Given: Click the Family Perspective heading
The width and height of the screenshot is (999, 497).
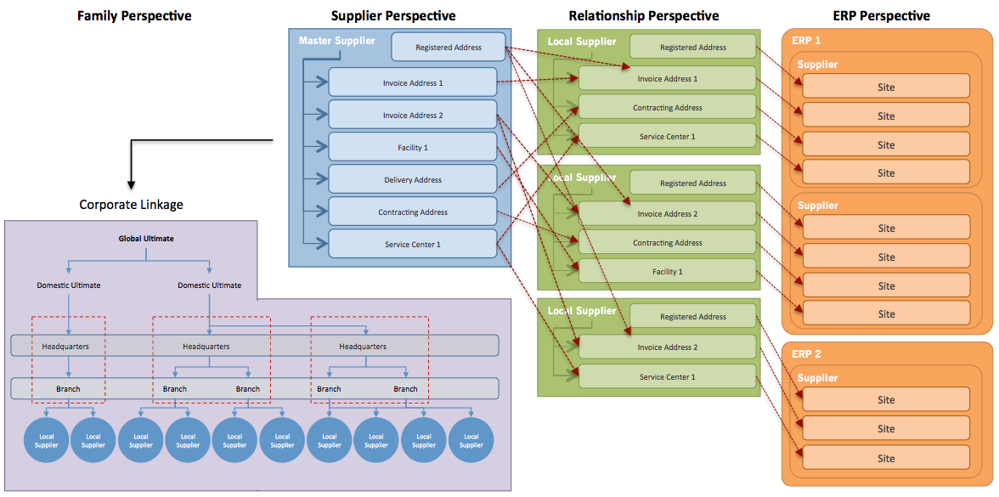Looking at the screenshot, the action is pyautogui.click(x=134, y=16).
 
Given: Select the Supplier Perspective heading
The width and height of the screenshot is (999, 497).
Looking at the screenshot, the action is pyautogui.click(x=393, y=16).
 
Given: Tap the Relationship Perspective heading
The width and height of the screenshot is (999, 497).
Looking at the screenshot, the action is pyautogui.click(x=644, y=16).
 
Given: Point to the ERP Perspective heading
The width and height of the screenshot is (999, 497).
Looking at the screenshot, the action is pyautogui.click(x=881, y=16).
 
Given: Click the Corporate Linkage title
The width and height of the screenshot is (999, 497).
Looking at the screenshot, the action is pyautogui.click(x=131, y=205).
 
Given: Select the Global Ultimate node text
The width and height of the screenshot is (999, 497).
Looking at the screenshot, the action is pyautogui.click(x=146, y=239).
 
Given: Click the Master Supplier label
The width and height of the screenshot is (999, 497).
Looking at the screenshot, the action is pyautogui.click(x=337, y=42).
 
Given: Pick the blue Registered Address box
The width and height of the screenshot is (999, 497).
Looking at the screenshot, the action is pyautogui.click(x=449, y=48).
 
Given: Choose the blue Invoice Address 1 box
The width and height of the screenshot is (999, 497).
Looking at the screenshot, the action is pyautogui.click(x=413, y=83).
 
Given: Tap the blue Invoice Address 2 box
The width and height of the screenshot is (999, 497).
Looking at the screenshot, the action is pyautogui.click(x=413, y=116).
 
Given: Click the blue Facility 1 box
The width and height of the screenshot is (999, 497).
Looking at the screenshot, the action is pyautogui.click(x=413, y=147).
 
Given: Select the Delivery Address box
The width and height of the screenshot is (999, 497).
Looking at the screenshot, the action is pyautogui.click(x=413, y=180).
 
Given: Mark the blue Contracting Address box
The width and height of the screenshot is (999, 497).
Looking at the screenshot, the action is pyautogui.click(x=413, y=212).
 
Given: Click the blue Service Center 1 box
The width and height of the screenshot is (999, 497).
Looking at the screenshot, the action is pyautogui.click(x=413, y=244).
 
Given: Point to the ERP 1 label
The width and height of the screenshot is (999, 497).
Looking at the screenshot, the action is pyautogui.click(x=807, y=40).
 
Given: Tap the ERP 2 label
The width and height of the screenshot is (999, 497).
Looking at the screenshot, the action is pyautogui.click(x=807, y=353).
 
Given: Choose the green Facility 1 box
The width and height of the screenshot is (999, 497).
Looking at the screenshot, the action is pyautogui.click(x=668, y=272).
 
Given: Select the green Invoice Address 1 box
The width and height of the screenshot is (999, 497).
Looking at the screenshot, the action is pyautogui.click(x=668, y=78).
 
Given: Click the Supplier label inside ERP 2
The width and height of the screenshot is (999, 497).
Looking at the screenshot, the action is pyautogui.click(x=817, y=378).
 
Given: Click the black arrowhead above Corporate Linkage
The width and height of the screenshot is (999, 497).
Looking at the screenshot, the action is pyautogui.click(x=131, y=185).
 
